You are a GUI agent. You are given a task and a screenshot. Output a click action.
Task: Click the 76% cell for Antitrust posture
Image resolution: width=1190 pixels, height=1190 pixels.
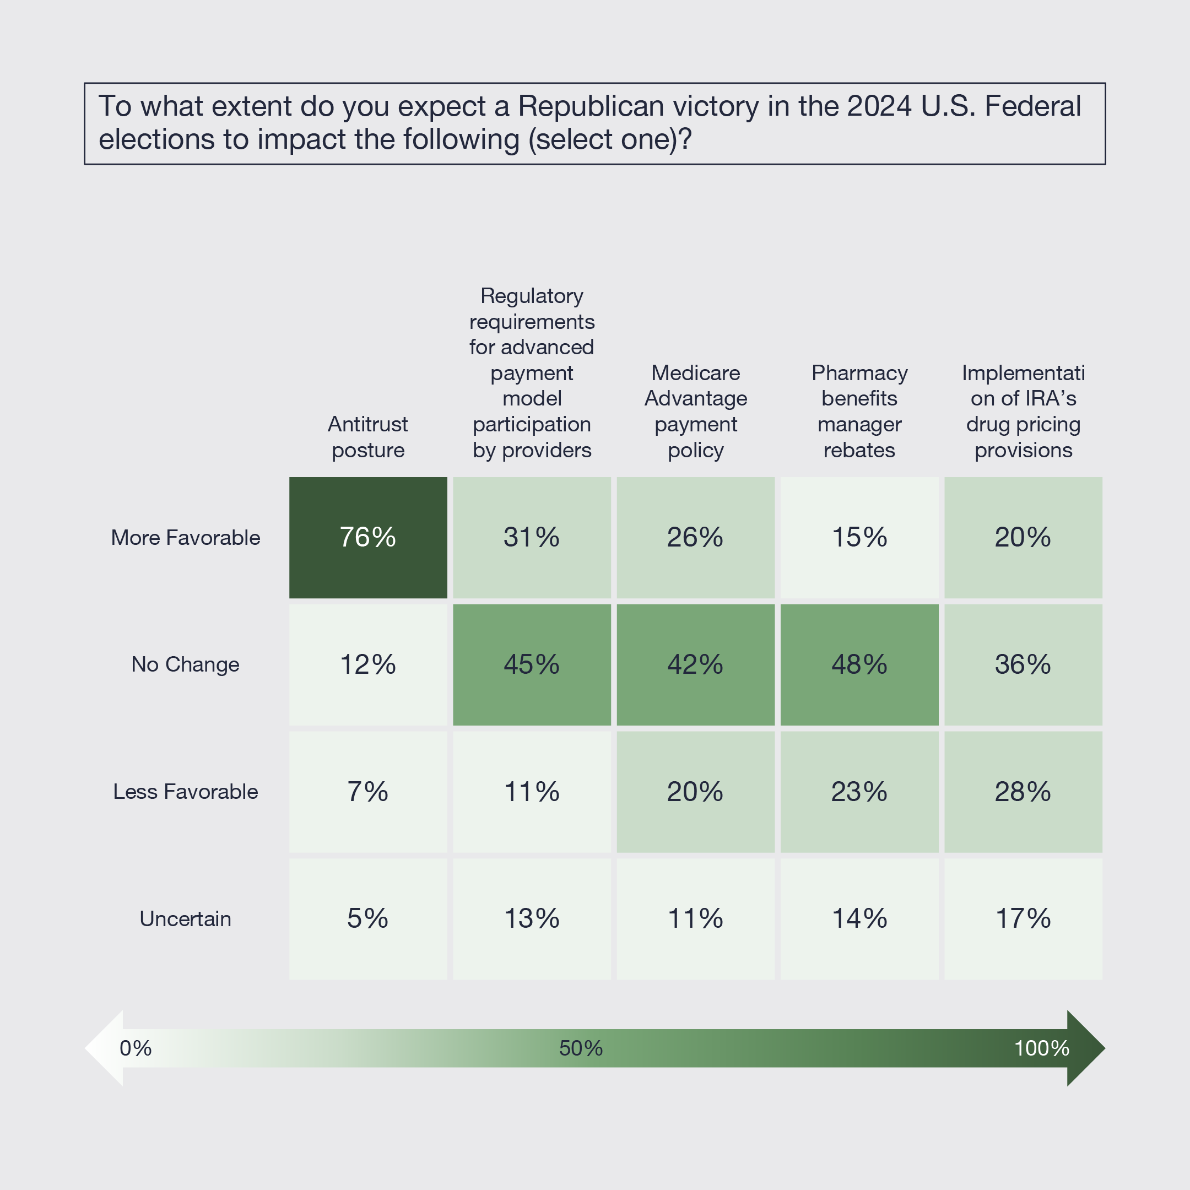[367, 537]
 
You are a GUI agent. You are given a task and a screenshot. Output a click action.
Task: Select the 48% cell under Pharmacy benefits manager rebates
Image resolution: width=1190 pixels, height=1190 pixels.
[859, 664]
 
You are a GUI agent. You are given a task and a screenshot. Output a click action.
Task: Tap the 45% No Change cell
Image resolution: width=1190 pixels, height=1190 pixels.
[532, 664]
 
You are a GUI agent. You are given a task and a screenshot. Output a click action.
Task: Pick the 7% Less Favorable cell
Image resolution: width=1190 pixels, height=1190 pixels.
[367, 792]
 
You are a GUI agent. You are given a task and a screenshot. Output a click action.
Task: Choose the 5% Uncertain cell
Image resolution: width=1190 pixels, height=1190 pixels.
[367, 918]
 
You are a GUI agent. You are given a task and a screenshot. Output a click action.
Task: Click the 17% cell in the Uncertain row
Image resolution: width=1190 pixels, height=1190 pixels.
[1023, 918]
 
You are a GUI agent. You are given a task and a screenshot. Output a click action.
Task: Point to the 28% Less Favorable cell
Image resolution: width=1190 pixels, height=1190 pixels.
[1023, 792]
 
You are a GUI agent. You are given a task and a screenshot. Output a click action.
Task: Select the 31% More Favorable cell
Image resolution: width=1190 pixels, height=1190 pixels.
[532, 537]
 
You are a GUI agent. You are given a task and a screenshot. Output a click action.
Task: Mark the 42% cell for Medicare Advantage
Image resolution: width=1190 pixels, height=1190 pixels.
[695, 664]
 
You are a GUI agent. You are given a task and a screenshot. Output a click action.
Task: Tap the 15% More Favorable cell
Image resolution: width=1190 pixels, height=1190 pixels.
[859, 537]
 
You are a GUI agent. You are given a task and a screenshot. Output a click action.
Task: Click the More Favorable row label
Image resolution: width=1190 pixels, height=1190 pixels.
[186, 538]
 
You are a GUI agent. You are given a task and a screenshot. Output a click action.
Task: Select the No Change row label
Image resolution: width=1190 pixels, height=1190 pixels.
[186, 664]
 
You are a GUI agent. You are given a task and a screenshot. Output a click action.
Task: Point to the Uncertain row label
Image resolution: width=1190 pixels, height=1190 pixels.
[186, 919]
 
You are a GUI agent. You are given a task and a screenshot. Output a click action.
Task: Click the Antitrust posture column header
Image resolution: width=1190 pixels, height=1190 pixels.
[367, 437]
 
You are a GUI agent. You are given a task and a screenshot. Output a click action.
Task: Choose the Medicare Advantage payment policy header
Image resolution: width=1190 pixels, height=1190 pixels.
[695, 412]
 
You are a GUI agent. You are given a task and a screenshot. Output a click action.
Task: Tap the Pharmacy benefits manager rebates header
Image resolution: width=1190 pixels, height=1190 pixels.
[859, 412]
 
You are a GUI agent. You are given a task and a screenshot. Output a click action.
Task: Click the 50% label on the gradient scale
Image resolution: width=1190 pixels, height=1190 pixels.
[581, 1048]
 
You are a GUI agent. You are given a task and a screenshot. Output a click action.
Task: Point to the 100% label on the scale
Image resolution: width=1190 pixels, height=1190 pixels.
[1042, 1048]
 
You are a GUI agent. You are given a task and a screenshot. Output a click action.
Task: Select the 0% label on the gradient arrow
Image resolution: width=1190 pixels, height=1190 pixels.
[136, 1048]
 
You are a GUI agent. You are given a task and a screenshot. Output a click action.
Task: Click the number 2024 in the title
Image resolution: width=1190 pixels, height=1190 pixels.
[879, 106]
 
